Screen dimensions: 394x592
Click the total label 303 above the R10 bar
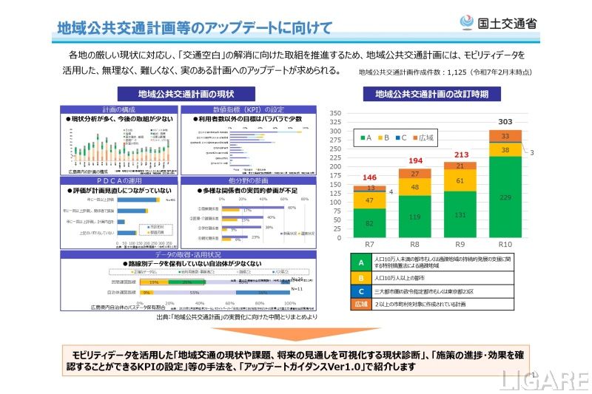(x=505, y=122)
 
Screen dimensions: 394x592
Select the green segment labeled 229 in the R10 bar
(x=505, y=197)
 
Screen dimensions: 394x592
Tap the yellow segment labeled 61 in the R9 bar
(x=460, y=180)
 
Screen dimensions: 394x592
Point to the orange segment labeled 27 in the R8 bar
(x=414, y=174)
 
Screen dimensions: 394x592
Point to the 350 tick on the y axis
(x=335, y=113)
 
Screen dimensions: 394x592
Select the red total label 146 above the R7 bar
(x=369, y=177)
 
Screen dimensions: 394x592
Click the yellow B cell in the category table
(x=360, y=278)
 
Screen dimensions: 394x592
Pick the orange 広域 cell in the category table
(x=360, y=303)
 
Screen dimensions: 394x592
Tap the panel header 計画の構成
(x=118, y=109)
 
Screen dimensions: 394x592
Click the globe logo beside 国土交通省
(x=468, y=23)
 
